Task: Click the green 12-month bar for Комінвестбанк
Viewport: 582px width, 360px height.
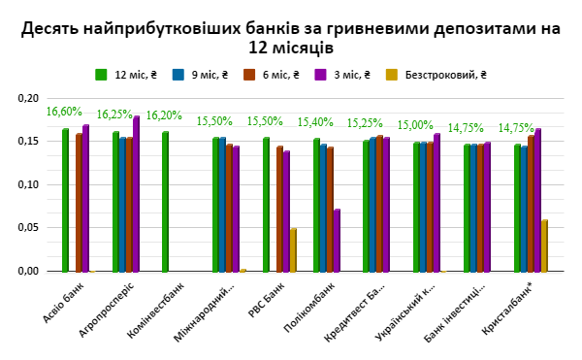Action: (x=166, y=202)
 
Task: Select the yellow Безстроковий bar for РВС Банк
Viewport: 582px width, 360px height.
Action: (x=294, y=250)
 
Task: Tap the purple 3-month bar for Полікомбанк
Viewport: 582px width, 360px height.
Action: (x=337, y=241)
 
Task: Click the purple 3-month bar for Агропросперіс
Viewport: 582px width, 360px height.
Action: (x=137, y=194)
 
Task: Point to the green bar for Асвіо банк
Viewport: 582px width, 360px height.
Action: (x=65, y=200)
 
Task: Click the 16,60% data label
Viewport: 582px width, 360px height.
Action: (x=64, y=113)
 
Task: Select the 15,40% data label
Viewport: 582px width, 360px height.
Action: (x=316, y=121)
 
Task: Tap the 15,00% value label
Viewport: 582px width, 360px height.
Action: (x=416, y=125)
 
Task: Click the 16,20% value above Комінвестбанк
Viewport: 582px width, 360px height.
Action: (x=165, y=115)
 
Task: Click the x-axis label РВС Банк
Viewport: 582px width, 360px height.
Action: (x=262, y=303)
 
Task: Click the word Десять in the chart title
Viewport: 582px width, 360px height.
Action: (x=51, y=29)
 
